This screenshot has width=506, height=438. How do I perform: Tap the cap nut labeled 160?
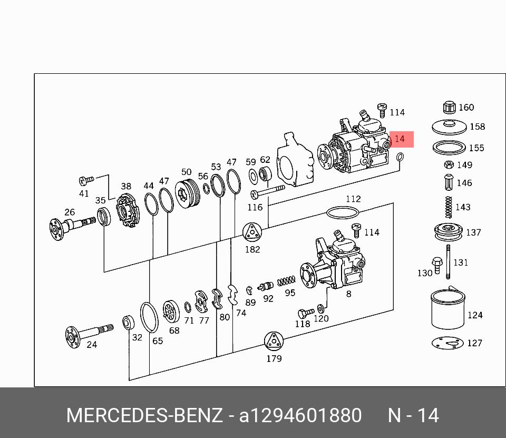[450, 107]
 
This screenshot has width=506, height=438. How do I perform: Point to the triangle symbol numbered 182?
[252, 232]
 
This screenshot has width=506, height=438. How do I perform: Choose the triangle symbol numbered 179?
[274, 342]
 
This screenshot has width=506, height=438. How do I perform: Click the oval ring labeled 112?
[343, 212]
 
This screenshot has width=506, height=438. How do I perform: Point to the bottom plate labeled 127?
[448, 343]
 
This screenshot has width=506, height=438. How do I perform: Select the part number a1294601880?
[300, 415]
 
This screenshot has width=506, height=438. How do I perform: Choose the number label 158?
[477, 126]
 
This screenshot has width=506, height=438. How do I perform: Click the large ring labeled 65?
[149, 317]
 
